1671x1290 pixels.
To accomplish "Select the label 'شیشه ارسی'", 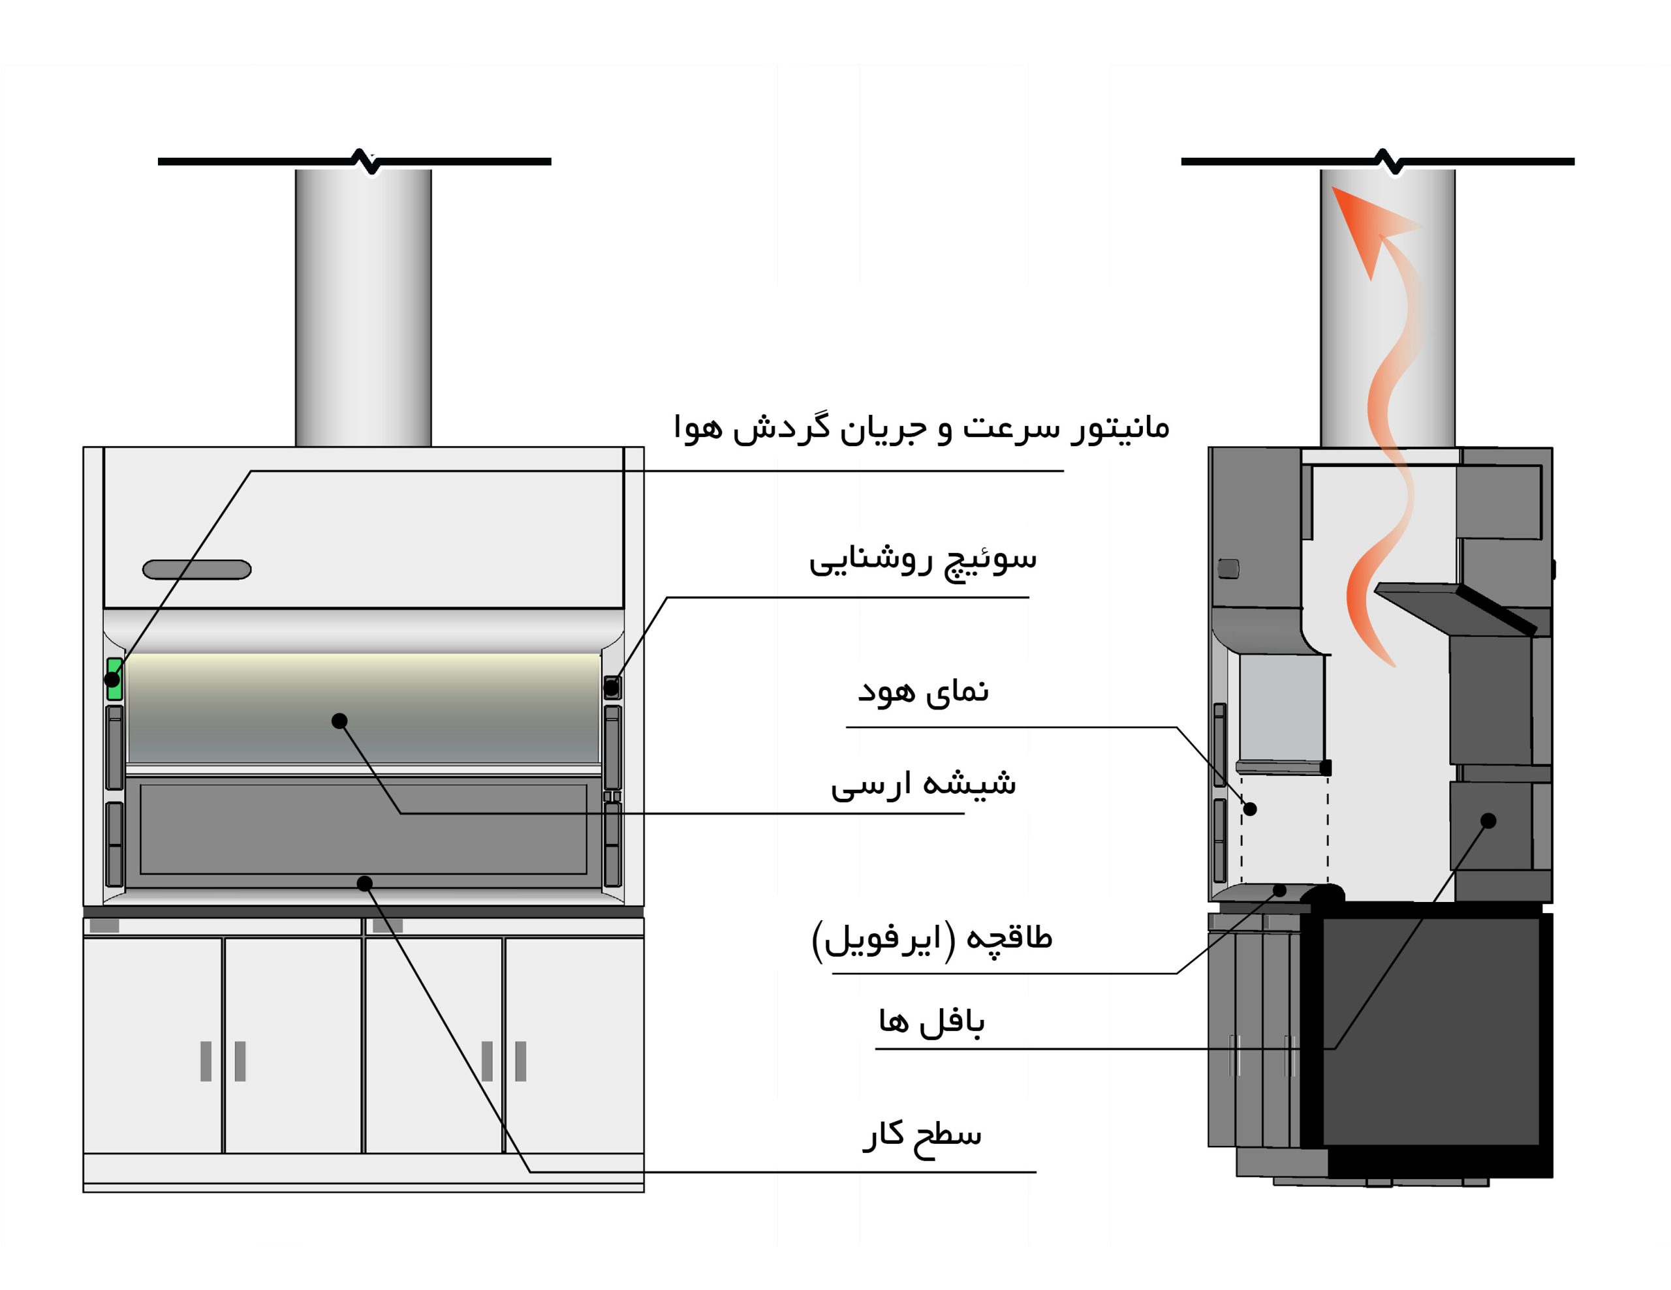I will coord(923,784).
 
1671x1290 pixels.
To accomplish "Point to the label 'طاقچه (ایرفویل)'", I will coord(932,939).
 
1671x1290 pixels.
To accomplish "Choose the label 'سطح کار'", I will coord(922,1135).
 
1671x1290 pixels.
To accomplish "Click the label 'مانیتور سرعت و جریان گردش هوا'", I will coord(921,427).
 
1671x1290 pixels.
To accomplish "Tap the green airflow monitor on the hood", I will coord(115,679).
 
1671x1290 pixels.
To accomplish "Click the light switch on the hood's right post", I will coord(612,687).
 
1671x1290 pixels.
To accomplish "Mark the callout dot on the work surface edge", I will coord(365,884).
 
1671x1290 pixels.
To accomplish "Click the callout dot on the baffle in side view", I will coord(1488,820).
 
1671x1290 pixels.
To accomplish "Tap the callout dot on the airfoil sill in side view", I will coord(1279,890).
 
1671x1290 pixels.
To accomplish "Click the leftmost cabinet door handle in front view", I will coord(206,1061).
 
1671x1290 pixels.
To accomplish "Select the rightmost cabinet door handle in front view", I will coord(521,1061).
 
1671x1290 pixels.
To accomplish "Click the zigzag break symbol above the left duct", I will coord(366,161).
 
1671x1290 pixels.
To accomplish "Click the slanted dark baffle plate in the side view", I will coord(1454,608).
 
